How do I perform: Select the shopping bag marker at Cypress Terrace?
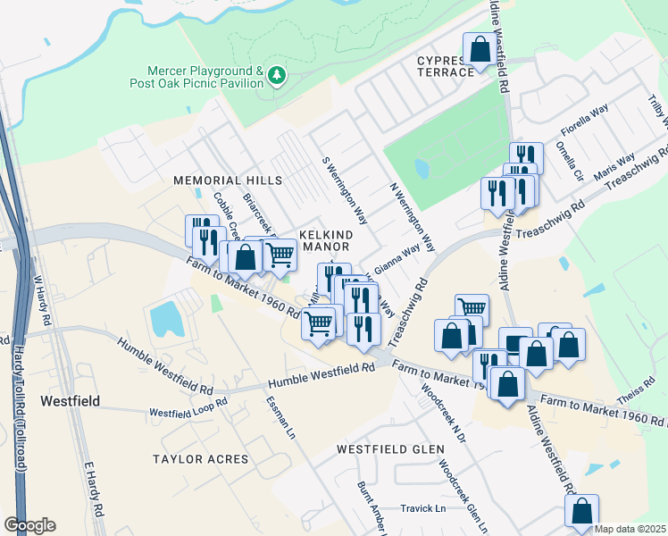point(480,50)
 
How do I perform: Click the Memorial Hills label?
point(228,180)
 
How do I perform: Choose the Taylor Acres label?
point(201,459)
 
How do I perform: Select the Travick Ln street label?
point(422,508)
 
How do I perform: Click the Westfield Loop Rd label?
point(188,412)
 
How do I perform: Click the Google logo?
point(29,525)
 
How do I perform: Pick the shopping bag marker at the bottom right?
point(581,511)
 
